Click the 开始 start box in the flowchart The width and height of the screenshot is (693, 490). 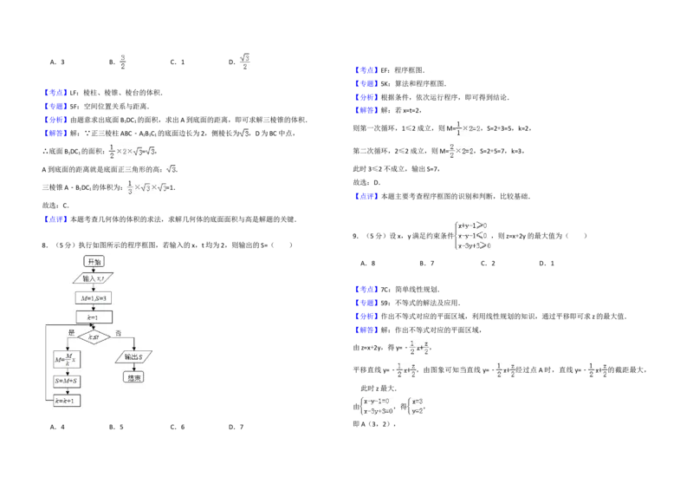point(94,261)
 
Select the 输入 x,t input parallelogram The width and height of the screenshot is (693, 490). point(94,278)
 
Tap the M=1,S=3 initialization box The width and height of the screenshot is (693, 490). point(94,297)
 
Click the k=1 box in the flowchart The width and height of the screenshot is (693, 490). point(94,317)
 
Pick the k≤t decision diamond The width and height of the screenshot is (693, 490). point(94,336)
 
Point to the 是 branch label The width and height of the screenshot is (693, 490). point(71,332)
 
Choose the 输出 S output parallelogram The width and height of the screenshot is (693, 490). point(133,356)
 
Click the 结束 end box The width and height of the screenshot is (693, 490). point(133,378)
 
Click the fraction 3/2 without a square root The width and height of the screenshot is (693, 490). point(124,62)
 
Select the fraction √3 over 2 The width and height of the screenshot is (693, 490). point(245,62)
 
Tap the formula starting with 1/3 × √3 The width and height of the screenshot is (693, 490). point(148,187)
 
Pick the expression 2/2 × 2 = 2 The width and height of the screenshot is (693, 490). point(462,151)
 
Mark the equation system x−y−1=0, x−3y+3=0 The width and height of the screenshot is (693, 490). point(378,406)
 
